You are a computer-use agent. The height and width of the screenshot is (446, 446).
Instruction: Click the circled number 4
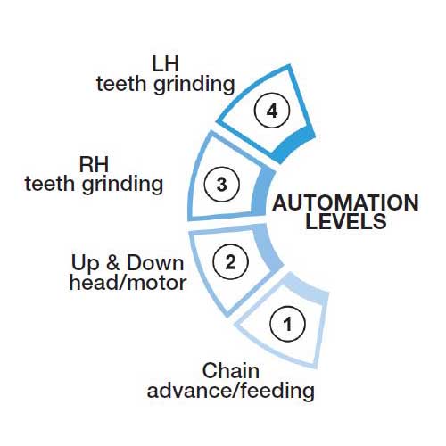[x=272, y=111]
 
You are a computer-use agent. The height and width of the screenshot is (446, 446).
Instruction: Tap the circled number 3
[x=221, y=184]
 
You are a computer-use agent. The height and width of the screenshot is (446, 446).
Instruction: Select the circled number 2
[x=230, y=261]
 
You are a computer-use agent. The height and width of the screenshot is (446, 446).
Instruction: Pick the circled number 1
[x=287, y=324]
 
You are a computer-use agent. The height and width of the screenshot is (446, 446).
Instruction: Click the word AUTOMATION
[x=345, y=203]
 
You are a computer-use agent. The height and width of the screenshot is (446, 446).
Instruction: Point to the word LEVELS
[x=346, y=221]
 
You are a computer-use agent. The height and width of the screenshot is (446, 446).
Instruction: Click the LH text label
[x=165, y=64]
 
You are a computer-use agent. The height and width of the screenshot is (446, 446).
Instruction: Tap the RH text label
[x=94, y=165]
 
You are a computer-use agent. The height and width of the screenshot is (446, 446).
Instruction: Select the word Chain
[x=231, y=371]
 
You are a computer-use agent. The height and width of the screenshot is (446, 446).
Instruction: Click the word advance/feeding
[x=231, y=391]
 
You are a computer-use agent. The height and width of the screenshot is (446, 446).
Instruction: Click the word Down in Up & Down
[x=155, y=263]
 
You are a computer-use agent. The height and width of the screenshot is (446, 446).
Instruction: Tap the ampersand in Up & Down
[x=113, y=263]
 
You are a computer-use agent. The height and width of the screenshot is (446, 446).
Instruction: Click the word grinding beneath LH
[x=194, y=86]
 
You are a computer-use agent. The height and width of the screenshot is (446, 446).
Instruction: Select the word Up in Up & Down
[x=85, y=264]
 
